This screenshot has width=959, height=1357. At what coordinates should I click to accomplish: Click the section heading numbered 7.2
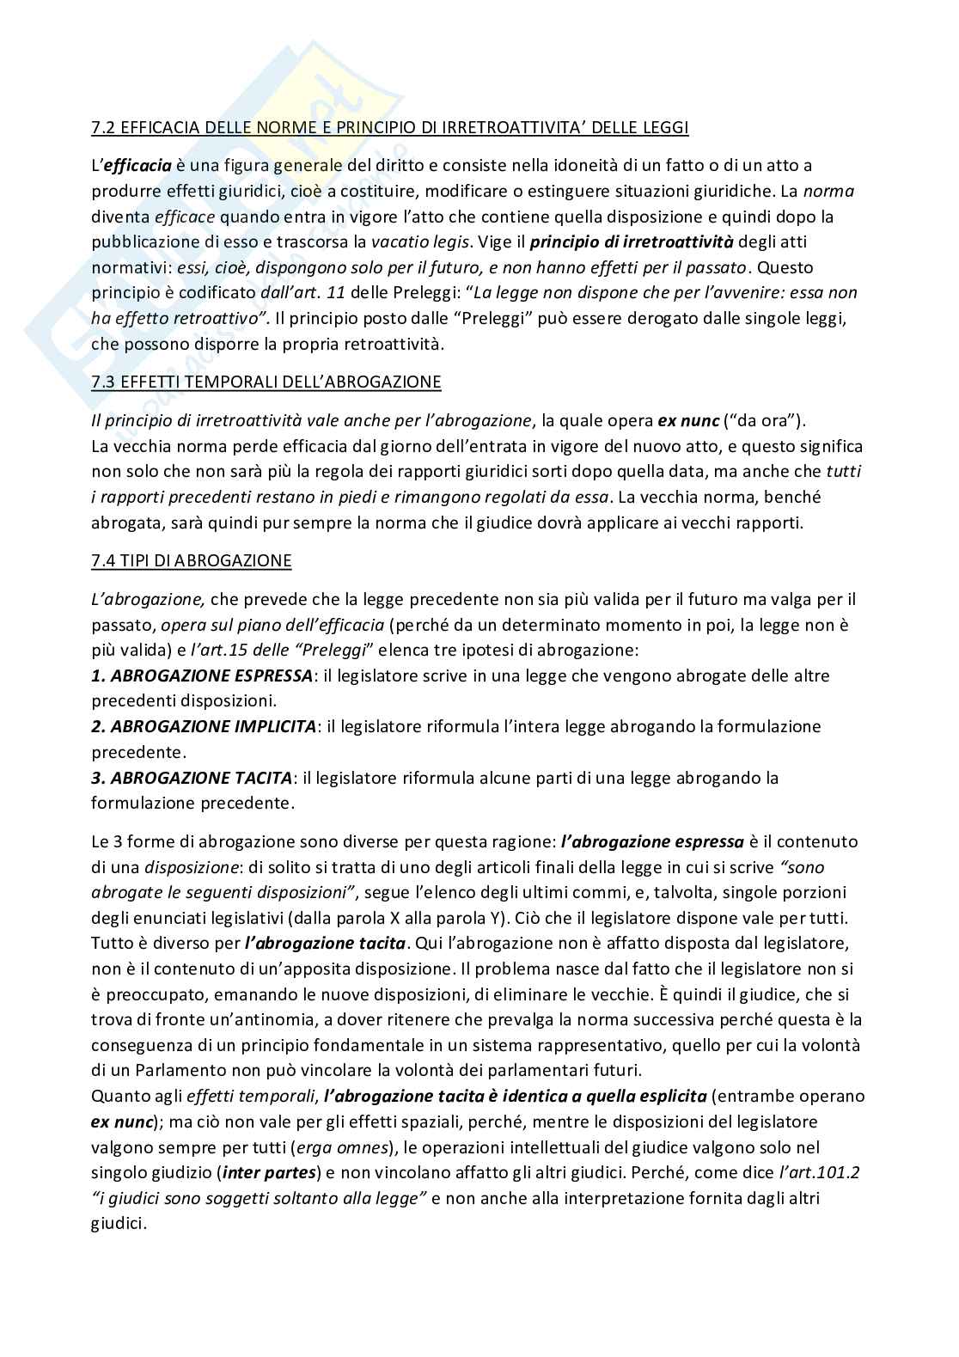(389, 128)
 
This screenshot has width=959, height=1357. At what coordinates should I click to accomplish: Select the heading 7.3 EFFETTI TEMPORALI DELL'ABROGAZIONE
(266, 382)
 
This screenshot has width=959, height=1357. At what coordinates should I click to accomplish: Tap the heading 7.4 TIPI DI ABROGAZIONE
(191, 561)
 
